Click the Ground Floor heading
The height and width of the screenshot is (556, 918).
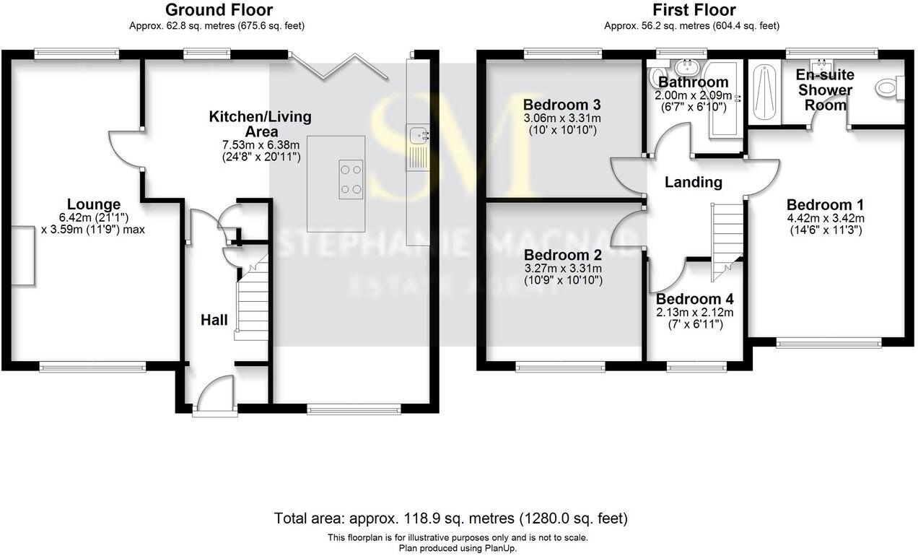click(x=219, y=10)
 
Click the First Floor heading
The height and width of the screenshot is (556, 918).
click(x=694, y=10)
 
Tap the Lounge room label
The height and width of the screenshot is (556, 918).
click(x=94, y=204)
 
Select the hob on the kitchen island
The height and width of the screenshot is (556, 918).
click(x=351, y=179)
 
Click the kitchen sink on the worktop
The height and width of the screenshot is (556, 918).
click(x=418, y=134)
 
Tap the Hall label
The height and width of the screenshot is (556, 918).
click(x=214, y=319)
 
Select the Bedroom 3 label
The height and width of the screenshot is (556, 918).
click(x=562, y=103)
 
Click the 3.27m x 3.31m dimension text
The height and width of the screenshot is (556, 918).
click(x=563, y=268)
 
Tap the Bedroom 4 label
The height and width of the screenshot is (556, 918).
click(x=694, y=299)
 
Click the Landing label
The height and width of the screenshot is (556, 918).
click(x=693, y=182)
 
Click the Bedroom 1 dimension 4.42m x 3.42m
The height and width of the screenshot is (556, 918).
click(x=825, y=218)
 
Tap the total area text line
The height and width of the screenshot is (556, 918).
click(x=451, y=518)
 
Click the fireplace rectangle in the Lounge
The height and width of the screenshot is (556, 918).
click(x=22, y=255)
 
